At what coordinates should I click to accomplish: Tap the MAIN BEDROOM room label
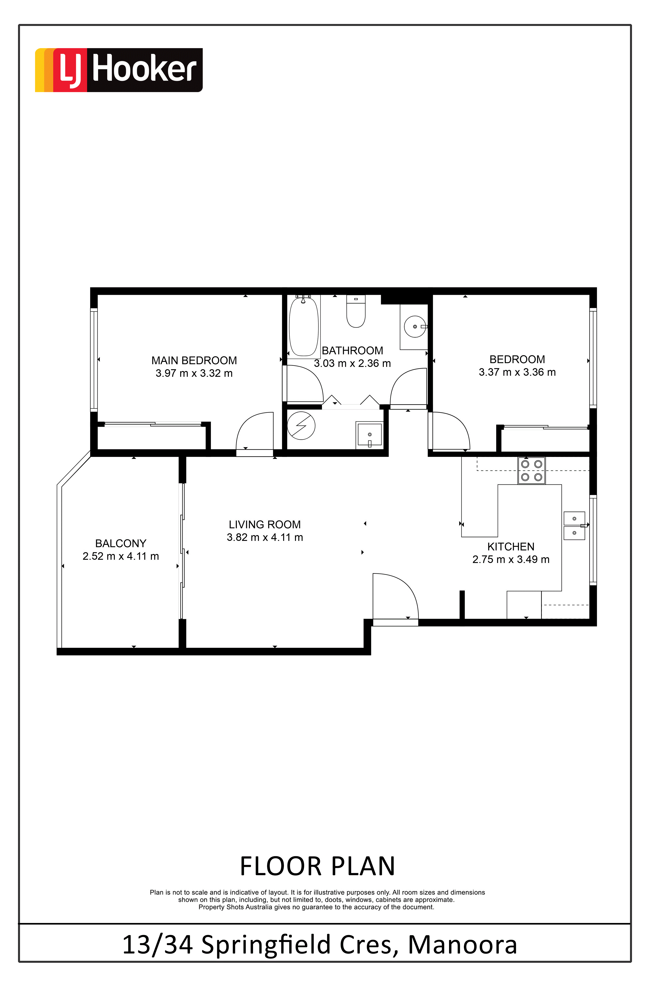(x=194, y=360)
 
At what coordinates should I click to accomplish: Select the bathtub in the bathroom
(x=304, y=327)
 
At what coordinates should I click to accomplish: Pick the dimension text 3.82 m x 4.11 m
(x=265, y=538)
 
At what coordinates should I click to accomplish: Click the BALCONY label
(x=121, y=543)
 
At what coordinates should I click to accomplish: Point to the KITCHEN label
(x=511, y=547)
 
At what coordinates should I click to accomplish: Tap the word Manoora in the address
(x=463, y=945)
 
